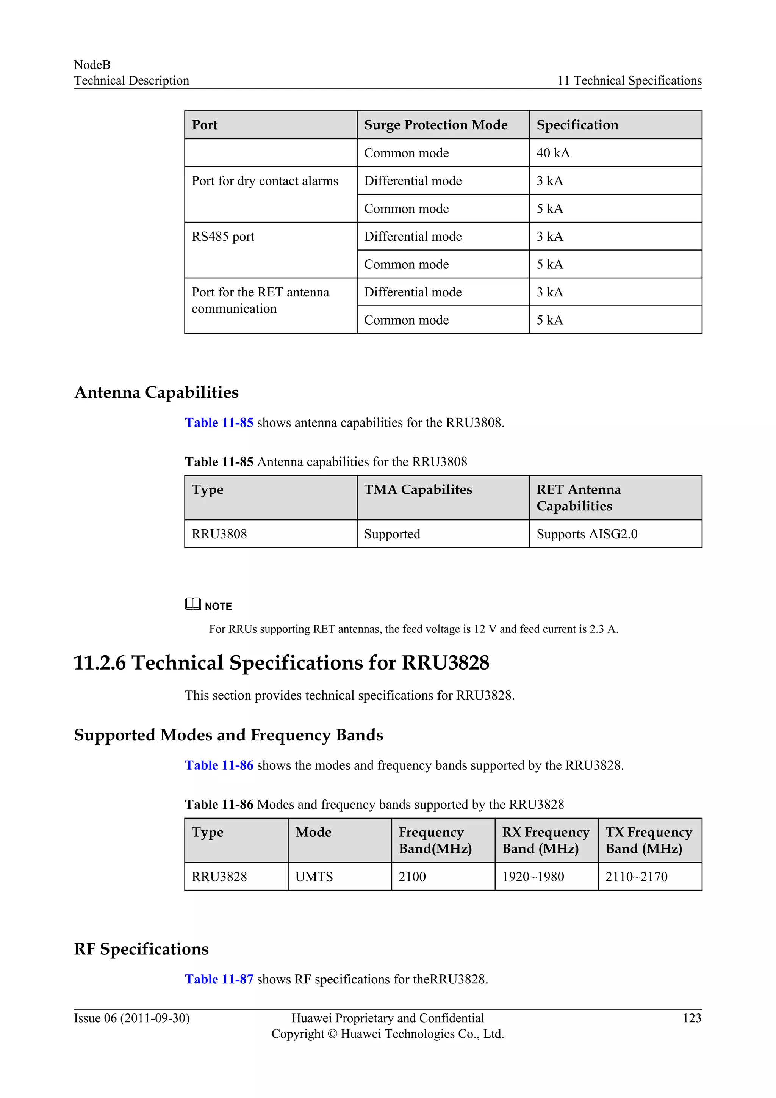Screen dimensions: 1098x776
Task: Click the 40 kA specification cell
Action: point(553,153)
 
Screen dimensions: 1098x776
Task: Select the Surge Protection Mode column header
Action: point(435,125)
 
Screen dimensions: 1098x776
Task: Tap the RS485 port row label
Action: point(223,237)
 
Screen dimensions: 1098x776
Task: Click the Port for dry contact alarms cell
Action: point(265,181)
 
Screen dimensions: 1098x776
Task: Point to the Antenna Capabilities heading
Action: point(156,392)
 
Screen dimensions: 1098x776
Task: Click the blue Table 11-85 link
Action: point(219,423)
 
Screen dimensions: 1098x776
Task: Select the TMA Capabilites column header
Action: point(418,490)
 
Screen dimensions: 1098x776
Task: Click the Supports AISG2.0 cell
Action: point(587,534)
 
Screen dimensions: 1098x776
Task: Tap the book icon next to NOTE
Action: point(192,604)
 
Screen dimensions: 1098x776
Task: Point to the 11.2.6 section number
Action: point(99,663)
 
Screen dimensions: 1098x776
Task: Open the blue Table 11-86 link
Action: point(219,765)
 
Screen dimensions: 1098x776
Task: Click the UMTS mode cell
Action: point(314,877)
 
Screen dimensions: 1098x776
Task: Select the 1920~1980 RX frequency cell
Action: point(533,877)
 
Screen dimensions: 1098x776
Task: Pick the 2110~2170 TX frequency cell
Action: point(636,877)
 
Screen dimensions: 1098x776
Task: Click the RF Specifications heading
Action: point(141,949)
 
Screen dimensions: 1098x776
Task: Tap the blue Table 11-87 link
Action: point(219,979)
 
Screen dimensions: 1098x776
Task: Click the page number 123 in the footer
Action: point(692,1018)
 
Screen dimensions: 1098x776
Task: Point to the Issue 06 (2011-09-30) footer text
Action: point(131,1018)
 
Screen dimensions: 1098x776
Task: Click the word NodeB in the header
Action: point(92,65)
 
